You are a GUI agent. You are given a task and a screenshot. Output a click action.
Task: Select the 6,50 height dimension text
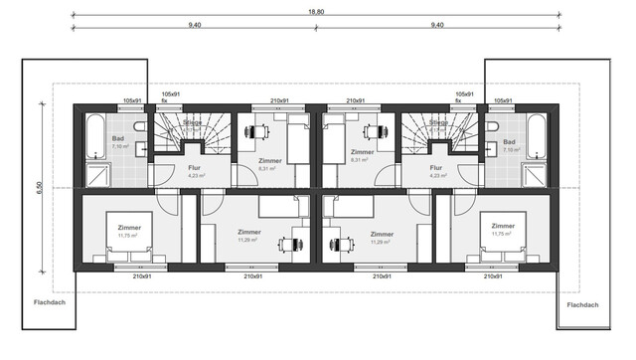(x=39, y=187)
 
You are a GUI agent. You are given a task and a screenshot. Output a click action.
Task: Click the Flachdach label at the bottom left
(x=47, y=303)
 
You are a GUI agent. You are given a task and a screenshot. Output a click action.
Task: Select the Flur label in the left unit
(x=195, y=168)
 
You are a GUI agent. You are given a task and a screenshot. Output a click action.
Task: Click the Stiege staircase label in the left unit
(x=192, y=122)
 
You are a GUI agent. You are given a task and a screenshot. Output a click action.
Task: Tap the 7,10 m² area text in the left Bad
(x=118, y=147)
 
